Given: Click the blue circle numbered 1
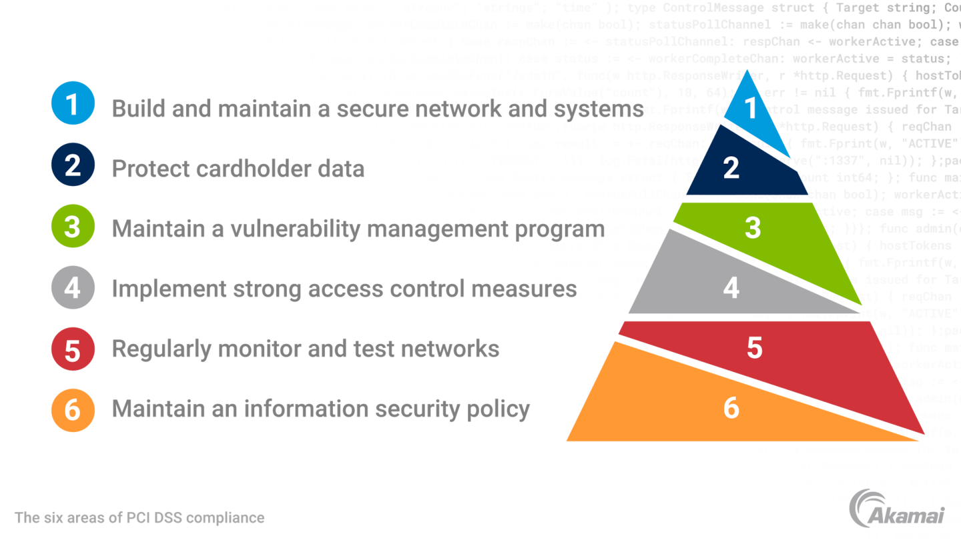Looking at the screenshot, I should (x=73, y=103).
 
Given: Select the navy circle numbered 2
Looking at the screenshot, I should (x=73, y=165).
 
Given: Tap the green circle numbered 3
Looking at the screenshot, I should (x=73, y=225).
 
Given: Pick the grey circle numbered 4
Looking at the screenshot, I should (x=73, y=287).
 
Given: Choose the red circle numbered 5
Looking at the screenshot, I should (x=73, y=348).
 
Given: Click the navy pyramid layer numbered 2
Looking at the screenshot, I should (x=733, y=167).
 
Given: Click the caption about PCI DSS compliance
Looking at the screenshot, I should (x=139, y=517).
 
